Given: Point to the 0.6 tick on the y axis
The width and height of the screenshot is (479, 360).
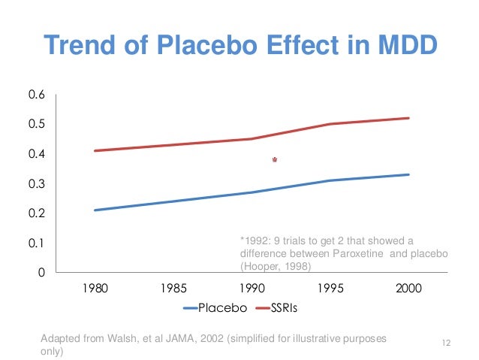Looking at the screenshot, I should (37, 95).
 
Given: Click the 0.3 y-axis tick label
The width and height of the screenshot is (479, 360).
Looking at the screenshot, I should (37, 184).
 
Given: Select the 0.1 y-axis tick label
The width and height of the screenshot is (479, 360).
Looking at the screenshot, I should (37, 244).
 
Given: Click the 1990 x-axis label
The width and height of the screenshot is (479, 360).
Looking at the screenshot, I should (251, 289).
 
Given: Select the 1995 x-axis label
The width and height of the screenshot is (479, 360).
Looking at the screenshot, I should (330, 289).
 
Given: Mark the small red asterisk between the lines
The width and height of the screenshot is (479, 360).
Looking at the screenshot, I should (274, 160).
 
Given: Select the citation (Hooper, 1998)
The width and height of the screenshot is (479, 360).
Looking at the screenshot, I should (276, 266).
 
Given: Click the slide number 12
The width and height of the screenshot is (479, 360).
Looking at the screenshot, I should (446, 344).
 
